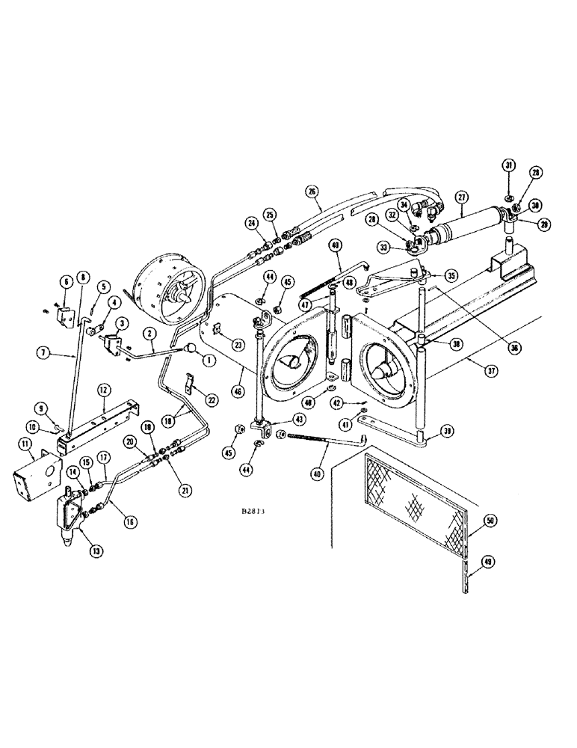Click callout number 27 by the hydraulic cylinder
click(461, 198)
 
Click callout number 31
click(508, 165)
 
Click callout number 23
click(238, 344)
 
